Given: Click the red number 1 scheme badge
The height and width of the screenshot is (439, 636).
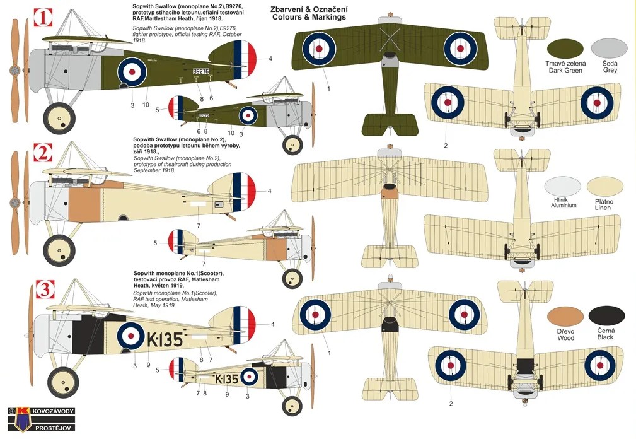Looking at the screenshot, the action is (43, 18).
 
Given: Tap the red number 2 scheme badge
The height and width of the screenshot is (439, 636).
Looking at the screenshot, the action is (43, 153).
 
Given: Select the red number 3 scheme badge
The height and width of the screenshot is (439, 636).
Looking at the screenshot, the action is (45, 289).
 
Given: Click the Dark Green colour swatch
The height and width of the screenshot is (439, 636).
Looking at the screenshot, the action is (565, 49).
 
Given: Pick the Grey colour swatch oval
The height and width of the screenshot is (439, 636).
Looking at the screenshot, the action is (610, 48).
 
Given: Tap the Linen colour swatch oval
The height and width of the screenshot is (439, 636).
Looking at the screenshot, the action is (604, 186).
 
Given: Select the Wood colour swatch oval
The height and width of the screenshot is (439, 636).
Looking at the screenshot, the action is (565, 317).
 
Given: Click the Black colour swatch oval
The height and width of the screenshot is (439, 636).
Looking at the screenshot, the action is (606, 317).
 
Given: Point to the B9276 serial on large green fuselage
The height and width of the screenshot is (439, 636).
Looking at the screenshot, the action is (201, 71).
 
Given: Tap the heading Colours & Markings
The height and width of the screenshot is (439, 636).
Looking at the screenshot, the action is (309, 17).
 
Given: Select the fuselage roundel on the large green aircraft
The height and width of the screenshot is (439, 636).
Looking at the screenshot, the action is (132, 72).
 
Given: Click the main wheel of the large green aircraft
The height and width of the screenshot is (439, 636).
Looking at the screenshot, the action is (59, 119).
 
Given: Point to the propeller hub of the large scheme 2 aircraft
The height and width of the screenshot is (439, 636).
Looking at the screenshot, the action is (15, 202).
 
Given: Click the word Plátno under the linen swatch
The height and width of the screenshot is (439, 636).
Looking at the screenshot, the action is (604, 202).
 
